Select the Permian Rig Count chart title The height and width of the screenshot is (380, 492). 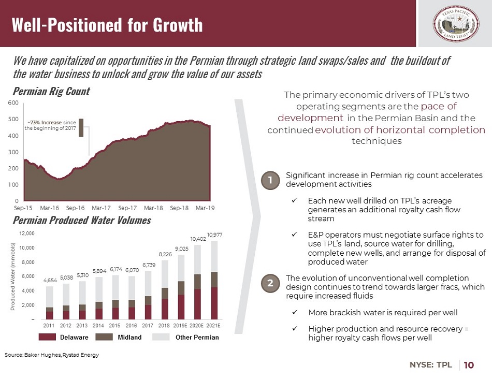pyautogui.click(x=51, y=91)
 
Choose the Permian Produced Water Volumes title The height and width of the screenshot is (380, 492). pyautogui.click(x=81, y=221)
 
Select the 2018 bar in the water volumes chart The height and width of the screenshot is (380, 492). pyautogui.click(x=164, y=290)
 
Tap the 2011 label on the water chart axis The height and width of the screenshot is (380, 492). pyautogui.click(x=49, y=326)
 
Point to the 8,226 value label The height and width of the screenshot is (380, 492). pyautogui.click(x=164, y=254)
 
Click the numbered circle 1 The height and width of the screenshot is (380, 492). pyautogui.click(x=270, y=180)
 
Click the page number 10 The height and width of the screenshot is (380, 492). pyautogui.click(x=469, y=365)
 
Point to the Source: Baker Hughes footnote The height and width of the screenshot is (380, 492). pyautogui.click(x=51, y=355)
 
